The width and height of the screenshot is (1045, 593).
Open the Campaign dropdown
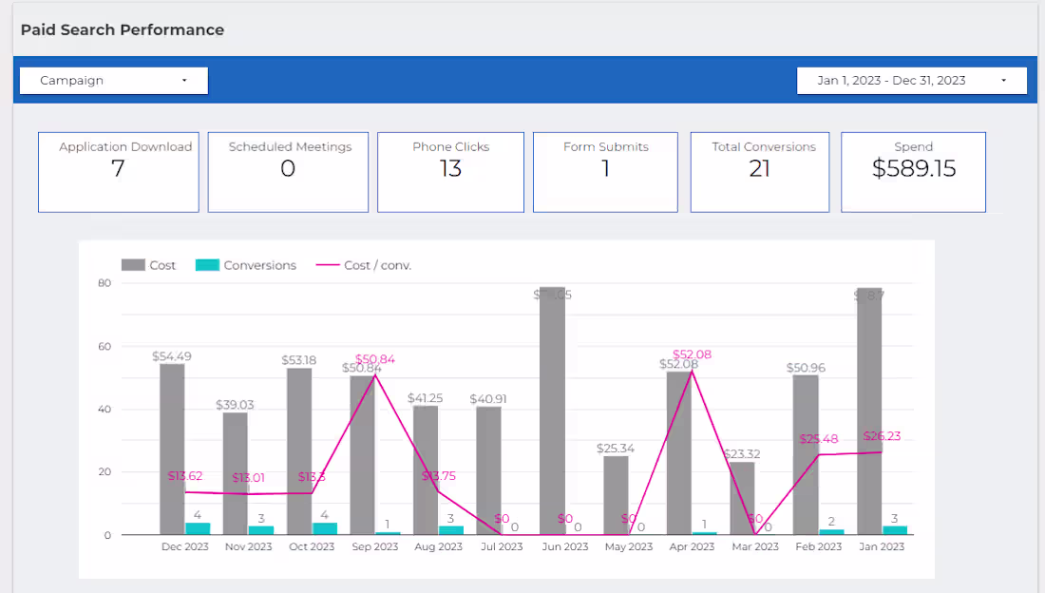pos(113,81)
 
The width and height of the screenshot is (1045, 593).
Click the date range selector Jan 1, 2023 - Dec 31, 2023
pos(911,81)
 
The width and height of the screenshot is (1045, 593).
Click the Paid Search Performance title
pos(123,29)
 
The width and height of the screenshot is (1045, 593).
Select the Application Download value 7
pos(118,169)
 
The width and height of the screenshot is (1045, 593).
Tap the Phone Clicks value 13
pos(450,169)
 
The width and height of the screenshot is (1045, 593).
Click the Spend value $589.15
pos(913,169)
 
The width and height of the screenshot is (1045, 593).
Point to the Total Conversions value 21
pos(759,169)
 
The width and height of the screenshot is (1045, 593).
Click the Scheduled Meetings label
pos(290,146)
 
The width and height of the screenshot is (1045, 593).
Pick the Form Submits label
pos(605,146)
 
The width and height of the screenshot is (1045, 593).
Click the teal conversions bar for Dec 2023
pos(198,528)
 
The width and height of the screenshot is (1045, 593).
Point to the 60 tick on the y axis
pos(104,346)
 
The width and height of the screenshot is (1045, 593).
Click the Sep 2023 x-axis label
pos(375,546)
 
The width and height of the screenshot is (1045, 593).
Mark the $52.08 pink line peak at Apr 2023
pos(692,370)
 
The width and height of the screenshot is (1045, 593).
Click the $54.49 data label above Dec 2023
pos(172,356)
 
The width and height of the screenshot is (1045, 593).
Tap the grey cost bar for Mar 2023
pos(742,498)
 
